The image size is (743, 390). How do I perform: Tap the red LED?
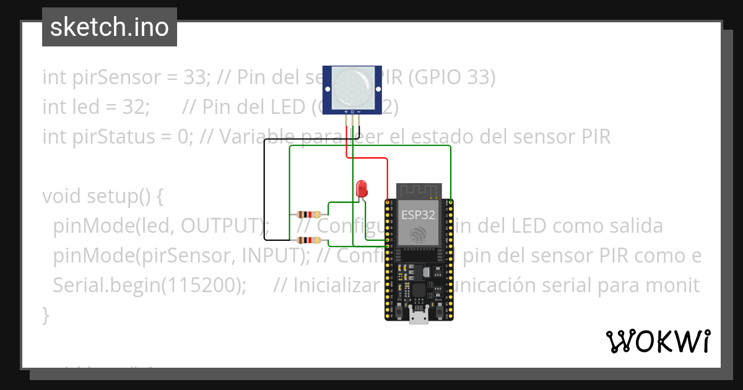pyautogui.click(x=362, y=188)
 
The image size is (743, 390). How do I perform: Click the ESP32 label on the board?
pyautogui.click(x=419, y=215)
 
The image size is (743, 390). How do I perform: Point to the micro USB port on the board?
pyautogui.click(x=419, y=318)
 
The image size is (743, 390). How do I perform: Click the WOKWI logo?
pyautogui.click(x=658, y=341)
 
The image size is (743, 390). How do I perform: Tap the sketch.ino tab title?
pyautogui.click(x=109, y=27)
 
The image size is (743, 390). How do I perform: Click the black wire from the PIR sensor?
pyautogui.click(x=265, y=186)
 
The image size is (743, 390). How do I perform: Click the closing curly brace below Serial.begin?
pyautogui.click(x=45, y=315)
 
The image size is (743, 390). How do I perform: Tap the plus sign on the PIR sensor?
pyautogui.click(x=345, y=112)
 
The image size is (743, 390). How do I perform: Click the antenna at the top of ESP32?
pyautogui.click(x=419, y=190)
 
